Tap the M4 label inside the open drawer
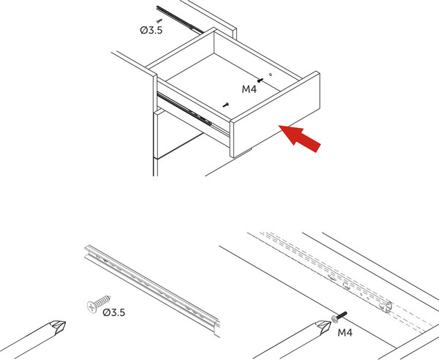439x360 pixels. click(x=249, y=89)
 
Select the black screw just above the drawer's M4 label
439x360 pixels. click(x=260, y=80)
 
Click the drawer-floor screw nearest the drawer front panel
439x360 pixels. click(x=226, y=105)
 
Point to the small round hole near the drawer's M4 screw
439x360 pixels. click(x=271, y=75)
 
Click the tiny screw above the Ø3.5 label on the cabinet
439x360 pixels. click(x=159, y=20)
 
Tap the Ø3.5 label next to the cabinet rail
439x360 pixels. click(x=151, y=30)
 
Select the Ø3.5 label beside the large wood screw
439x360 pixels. click(x=114, y=312)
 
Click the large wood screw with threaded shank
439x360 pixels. click(x=99, y=303)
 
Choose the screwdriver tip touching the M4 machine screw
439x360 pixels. click(x=323, y=326)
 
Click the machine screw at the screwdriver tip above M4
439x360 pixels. click(x=339, y=316)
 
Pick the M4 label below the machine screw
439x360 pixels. click(x=345, y=333)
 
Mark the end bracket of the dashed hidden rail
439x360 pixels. click(x=386, y=307)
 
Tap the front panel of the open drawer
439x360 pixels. click(x=275, y=114)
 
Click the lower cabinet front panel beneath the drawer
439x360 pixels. click(x=178, y=135)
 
